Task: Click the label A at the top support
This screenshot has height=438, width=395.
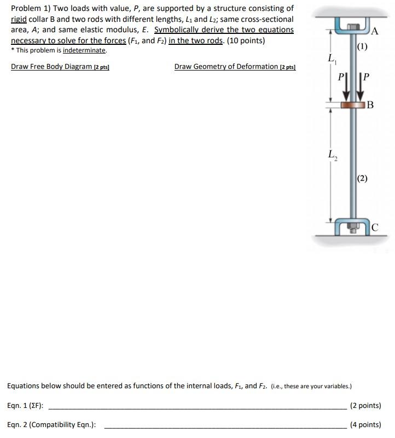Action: point(375,31)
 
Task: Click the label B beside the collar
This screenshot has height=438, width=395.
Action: point(370,104)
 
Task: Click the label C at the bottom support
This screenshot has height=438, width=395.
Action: point(374,227)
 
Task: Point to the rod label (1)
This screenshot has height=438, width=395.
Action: point(362,46)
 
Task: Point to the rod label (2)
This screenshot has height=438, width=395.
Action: point(362,178)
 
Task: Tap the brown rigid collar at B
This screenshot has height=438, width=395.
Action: point(353,104)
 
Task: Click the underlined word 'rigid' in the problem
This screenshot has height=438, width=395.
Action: point(19,19)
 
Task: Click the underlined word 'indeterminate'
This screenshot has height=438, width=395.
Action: point(85,50)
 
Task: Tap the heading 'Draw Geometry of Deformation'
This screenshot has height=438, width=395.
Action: point(226,67)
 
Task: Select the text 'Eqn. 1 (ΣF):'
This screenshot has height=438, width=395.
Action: point(26,406)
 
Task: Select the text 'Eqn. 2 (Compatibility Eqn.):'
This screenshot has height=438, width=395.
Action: point(52,425)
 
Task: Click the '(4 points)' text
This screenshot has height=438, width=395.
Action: point(365,425)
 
